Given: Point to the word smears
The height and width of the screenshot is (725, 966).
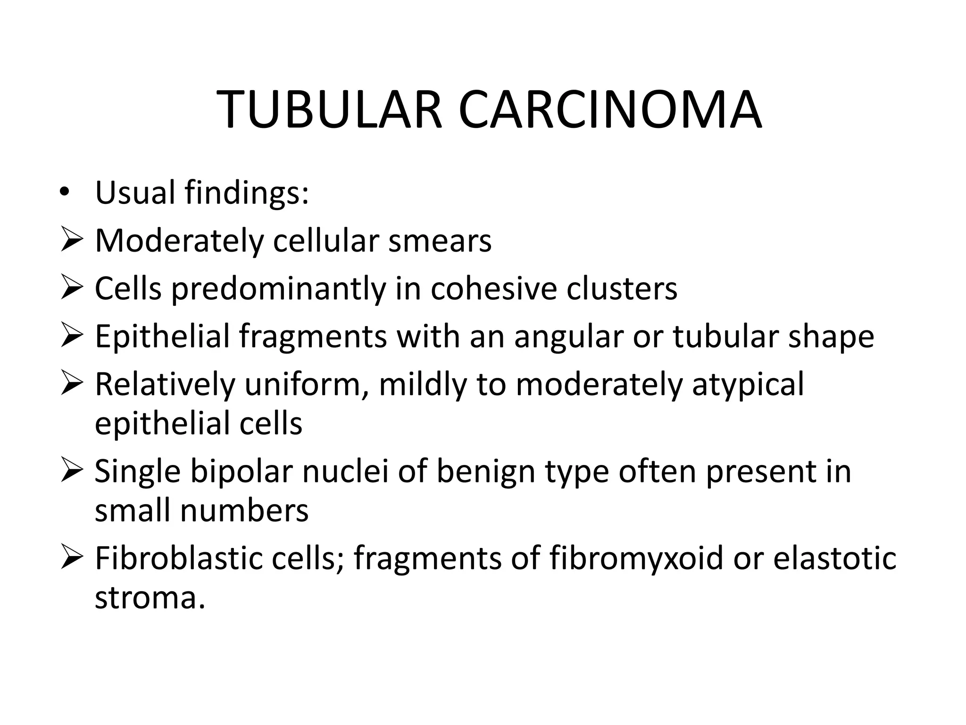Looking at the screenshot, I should [x=440, y=241].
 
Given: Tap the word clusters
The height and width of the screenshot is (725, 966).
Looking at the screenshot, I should [x=622, y=288].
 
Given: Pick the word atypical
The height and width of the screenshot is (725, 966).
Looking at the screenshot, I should [x=748, y=385].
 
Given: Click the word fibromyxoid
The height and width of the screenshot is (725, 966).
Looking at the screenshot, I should [x=636, y=559].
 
